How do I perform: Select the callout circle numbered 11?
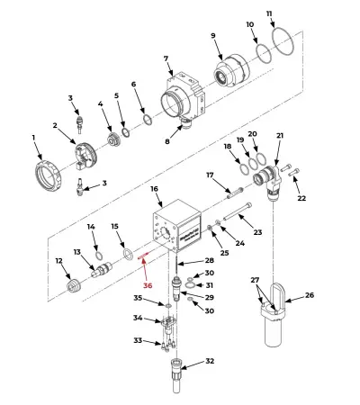(270, 14)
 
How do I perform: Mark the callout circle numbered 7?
(166, 59)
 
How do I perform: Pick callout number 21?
(280, 136)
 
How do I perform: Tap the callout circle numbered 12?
(59, 262)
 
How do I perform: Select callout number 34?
(138, 318)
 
